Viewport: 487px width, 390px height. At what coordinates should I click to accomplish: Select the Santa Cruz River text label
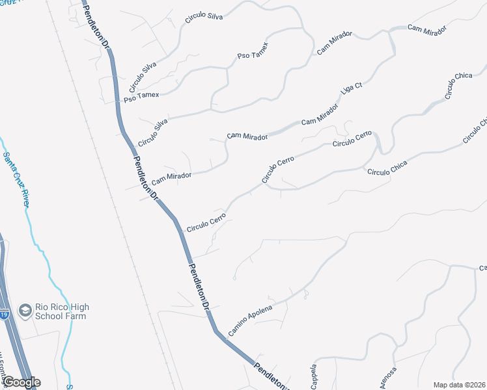tap(16, 180)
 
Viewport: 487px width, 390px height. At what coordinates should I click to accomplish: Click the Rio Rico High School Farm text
tap(63, 311)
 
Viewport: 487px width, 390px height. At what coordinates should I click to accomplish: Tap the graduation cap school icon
tap(25, 311)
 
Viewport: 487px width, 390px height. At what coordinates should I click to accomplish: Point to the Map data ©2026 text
tap(459, 385)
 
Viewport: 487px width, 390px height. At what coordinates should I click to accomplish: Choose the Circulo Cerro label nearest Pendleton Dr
tap(206, 222)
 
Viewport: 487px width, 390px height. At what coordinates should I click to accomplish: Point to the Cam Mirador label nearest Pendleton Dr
tap(171, 177)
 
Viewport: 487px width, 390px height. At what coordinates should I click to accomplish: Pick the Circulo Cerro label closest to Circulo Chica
tap(352, 138)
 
